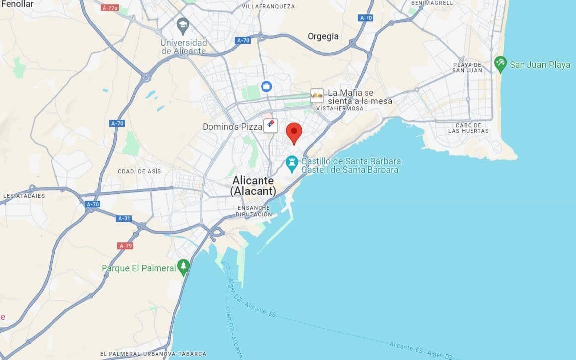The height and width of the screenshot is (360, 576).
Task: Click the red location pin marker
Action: [x=294, y=132]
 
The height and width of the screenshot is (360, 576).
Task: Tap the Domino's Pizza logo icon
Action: [x=270, y=126]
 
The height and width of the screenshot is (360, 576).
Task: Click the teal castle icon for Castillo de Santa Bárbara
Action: [x=292, y=164]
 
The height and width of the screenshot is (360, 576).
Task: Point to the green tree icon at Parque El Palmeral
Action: [x=184, y=267]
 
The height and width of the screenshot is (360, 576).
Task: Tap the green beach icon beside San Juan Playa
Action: [x=500, y=64]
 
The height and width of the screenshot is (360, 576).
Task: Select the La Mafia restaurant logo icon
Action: [x=316, y=95]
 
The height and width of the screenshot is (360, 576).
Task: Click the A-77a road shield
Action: [x=109, y=8]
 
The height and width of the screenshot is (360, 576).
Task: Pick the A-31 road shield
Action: [x=124, y=218]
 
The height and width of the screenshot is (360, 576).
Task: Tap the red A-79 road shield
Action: [x=125, y=246]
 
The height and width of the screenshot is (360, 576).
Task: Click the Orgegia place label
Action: [x=323, y=36]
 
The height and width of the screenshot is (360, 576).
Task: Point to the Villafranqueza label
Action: [x=268, y=6]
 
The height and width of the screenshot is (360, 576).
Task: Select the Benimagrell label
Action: [x=432, y=3]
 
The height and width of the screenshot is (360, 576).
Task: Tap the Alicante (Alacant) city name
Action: [x=253, y=186]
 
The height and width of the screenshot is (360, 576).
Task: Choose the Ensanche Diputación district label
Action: [x=254, y=211]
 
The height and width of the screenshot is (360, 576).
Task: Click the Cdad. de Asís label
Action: [x=139, y=171]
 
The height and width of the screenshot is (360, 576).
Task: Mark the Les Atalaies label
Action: [x=24, y=196]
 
